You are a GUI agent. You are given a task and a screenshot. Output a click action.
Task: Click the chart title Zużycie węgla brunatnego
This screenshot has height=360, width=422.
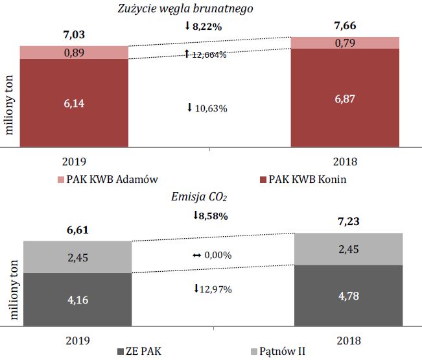tap(185, 8)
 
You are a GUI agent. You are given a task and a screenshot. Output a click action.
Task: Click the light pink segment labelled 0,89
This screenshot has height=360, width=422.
tap(73, 53)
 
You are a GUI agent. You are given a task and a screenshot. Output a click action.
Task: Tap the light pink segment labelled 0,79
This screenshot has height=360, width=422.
tap(345, 43)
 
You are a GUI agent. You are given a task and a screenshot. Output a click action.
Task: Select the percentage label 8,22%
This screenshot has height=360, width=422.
tap(207, 27)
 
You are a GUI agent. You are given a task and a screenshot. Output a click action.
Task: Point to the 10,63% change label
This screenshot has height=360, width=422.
tap(207, 108)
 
